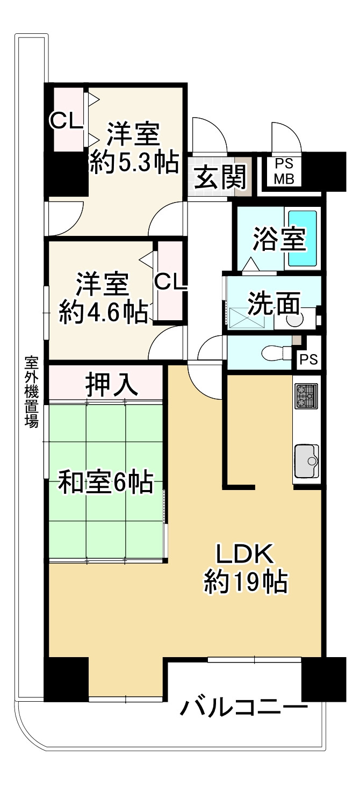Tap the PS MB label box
point(284,171)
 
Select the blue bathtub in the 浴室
point(304,238)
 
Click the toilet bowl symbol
point(275,353)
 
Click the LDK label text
point(245,553)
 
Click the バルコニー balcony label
point(244,708)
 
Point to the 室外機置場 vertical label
point(31,391)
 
